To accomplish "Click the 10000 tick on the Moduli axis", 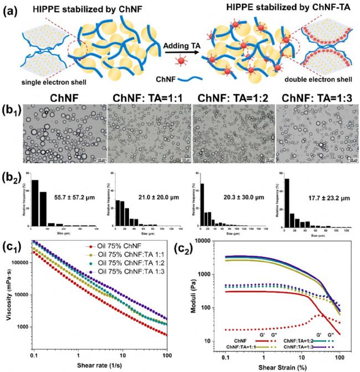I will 205,242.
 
